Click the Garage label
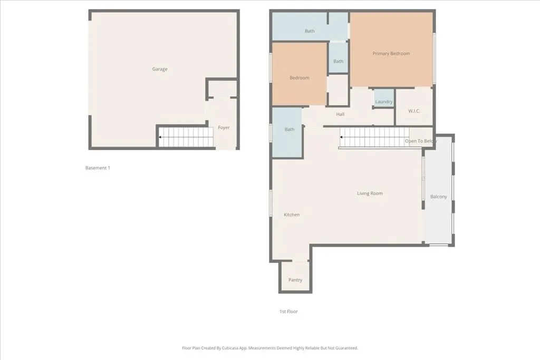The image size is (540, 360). [160, 69]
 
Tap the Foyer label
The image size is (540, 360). [224, 128]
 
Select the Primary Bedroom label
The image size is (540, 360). [391, 53]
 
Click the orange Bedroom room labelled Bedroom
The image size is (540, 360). [299, 78]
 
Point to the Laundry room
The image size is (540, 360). [384, 101]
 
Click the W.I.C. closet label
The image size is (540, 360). [414, 111]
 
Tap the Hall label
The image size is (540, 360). [340, 114]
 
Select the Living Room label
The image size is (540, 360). [370, 193]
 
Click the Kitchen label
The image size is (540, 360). [292, 215]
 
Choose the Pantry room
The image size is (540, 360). [295, 280]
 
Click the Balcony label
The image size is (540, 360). [438, 197]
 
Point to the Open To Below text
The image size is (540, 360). [420, 141]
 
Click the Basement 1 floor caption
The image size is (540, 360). [98, 168]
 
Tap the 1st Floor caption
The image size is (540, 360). [288, 312]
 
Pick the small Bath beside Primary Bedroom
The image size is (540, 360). [338, 61]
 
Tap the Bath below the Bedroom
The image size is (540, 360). [290, 129]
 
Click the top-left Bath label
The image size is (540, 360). [310, 31]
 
